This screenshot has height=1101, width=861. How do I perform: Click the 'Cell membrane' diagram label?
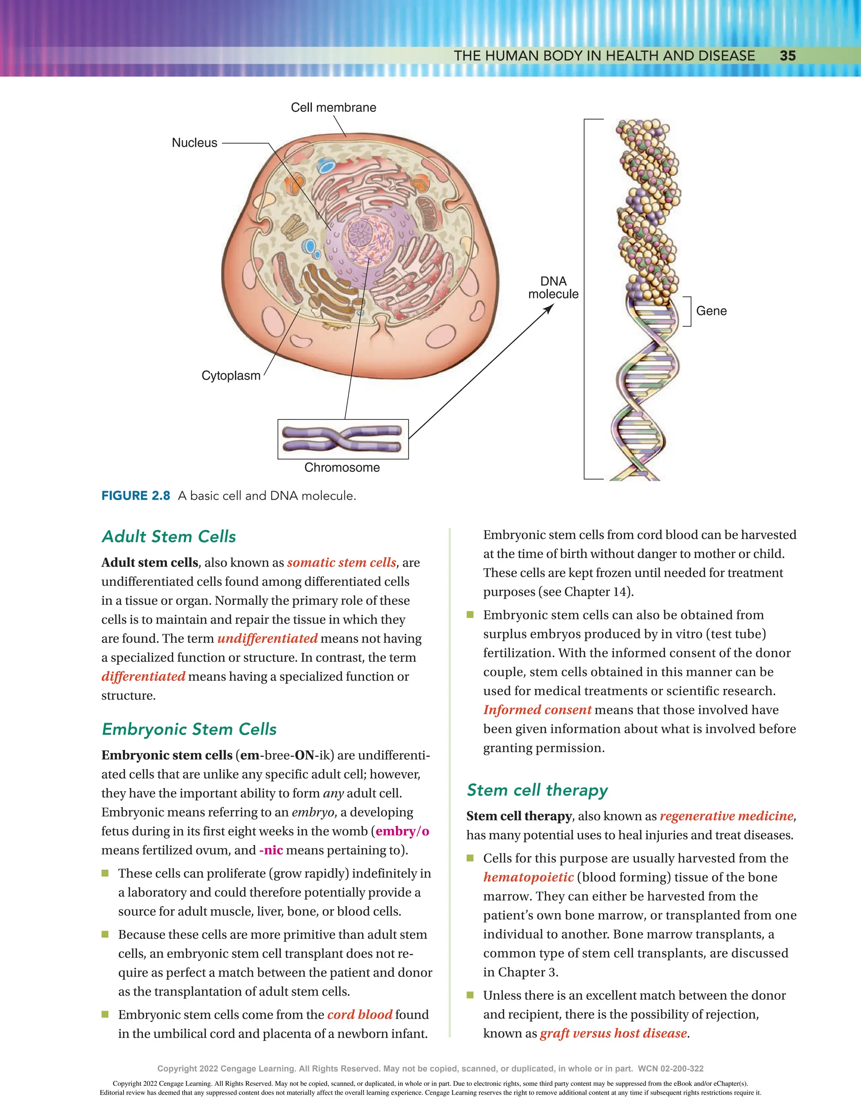333,108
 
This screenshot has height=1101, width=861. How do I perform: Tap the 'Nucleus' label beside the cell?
194,142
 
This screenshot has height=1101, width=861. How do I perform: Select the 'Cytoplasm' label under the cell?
230,376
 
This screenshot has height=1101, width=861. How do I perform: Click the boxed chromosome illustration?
343,439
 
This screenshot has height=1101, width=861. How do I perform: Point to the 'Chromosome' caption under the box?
342,467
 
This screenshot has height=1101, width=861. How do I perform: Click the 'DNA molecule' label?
553,287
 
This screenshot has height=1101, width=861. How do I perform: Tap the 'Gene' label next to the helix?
711,311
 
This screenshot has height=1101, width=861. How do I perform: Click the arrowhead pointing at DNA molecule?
550,308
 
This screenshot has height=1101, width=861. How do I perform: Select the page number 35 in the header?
787,56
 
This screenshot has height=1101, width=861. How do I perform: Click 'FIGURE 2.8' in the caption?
136,495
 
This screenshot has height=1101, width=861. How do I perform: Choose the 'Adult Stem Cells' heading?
169,536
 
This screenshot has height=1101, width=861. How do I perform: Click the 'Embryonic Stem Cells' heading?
189,729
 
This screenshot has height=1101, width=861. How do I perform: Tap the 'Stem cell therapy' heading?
537,790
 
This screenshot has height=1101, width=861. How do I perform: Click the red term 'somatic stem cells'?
341,563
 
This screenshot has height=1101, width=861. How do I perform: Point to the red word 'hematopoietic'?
528,877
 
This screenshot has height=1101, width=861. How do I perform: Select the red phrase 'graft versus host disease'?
613,1033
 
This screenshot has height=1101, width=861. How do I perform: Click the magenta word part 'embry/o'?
402,831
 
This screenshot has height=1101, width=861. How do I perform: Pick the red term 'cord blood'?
359,1014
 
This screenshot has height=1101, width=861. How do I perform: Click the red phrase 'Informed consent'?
537,710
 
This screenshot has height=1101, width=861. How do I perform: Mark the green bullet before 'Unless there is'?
470,995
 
